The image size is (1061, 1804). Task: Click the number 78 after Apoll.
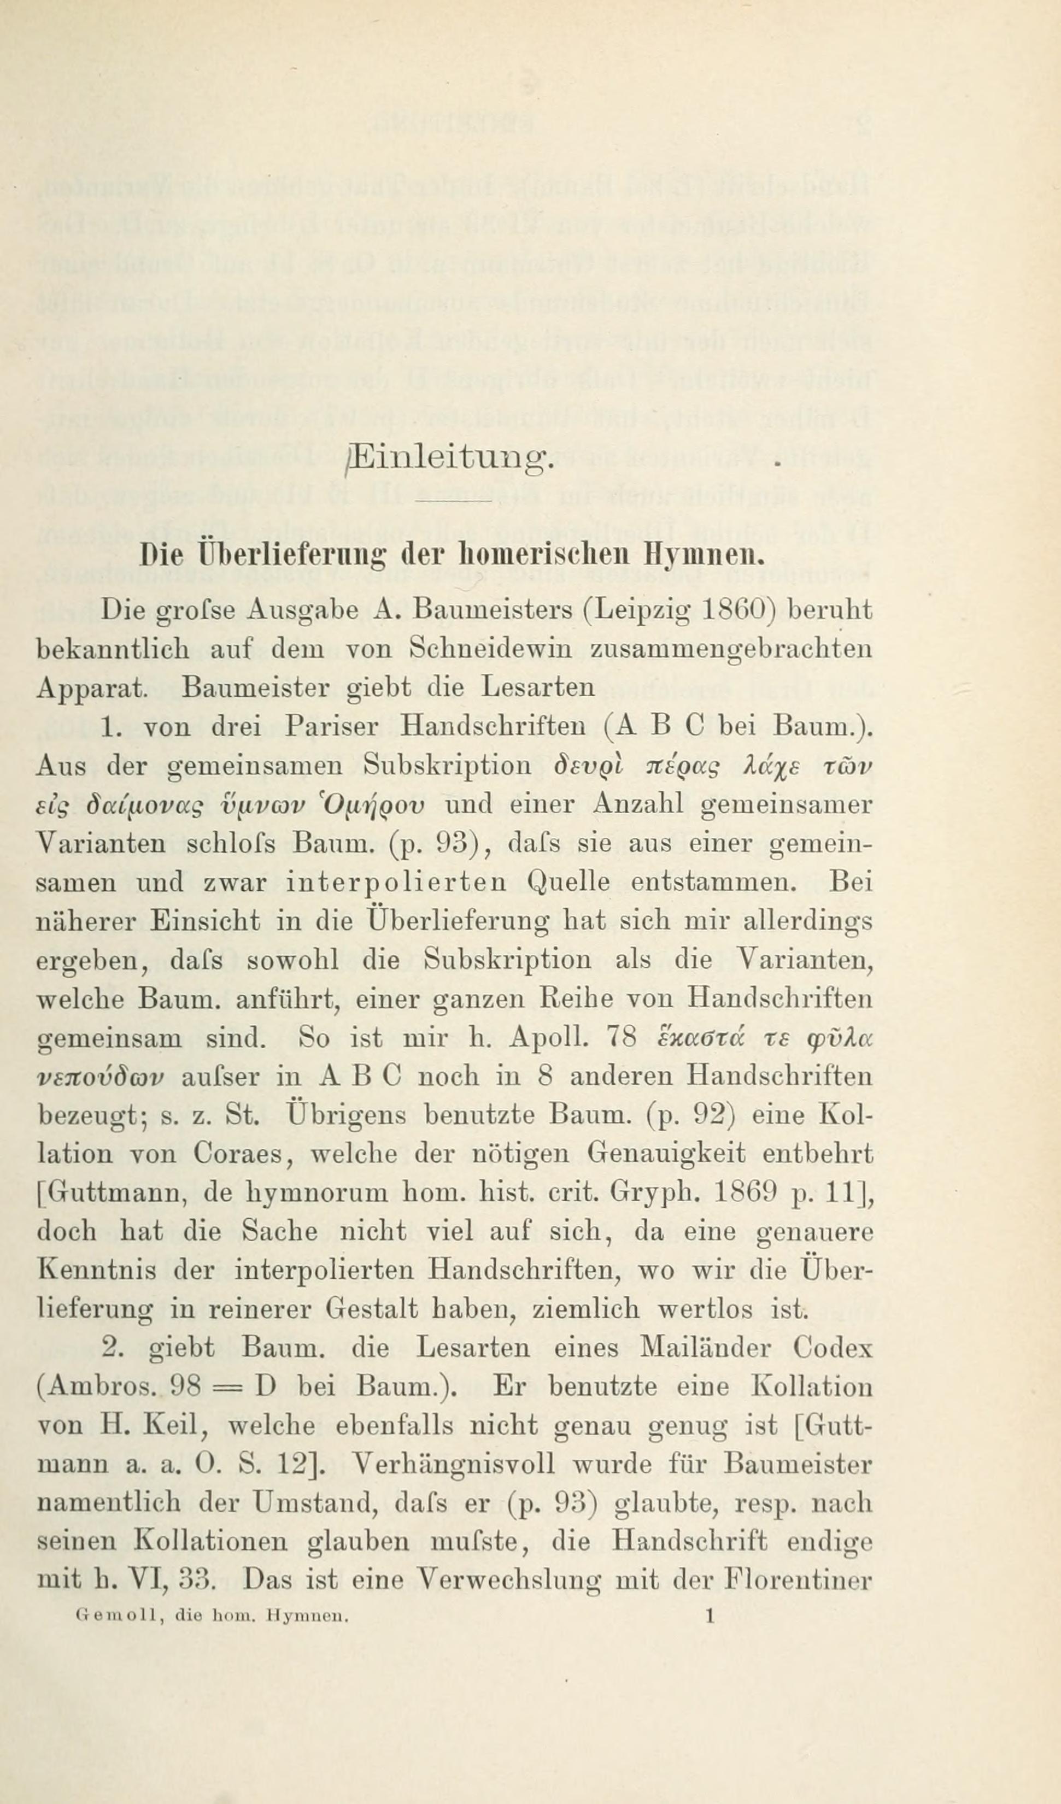622,1037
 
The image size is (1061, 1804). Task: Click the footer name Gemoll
107,1615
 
